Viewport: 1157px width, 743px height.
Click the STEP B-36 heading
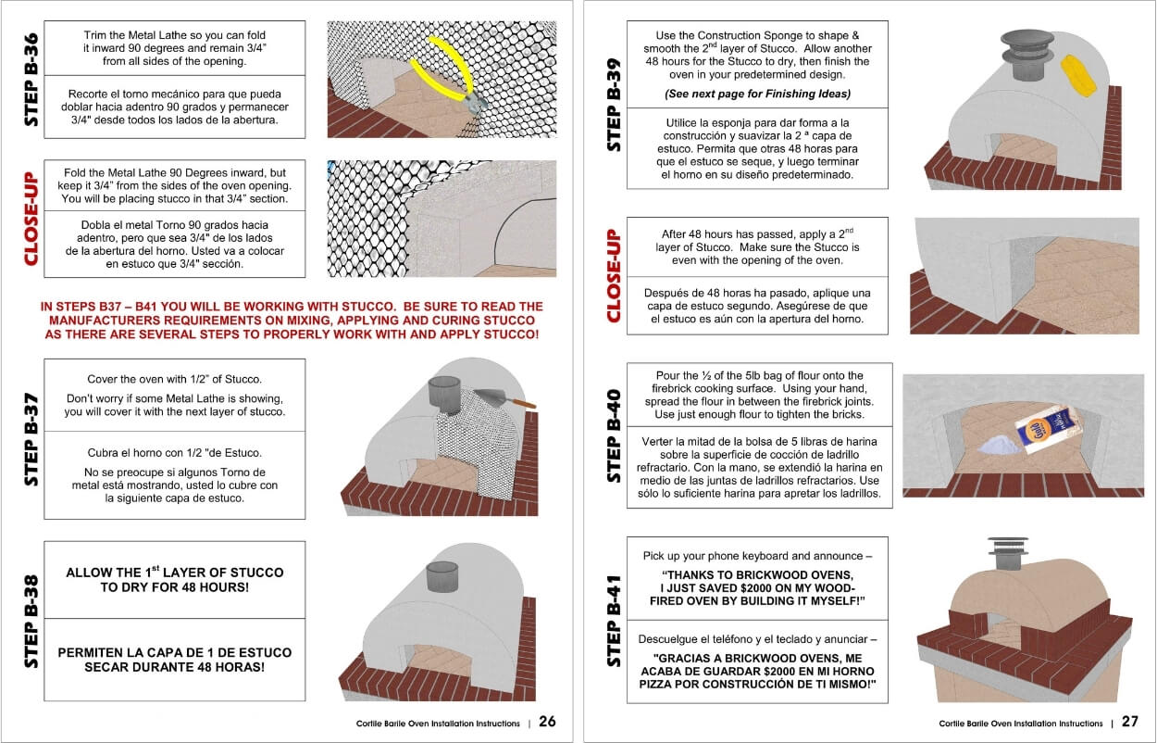31,80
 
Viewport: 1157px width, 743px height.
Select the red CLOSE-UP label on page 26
31,219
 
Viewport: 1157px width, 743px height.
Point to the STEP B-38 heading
31,621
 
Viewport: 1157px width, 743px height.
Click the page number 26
547,722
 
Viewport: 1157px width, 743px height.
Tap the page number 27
1129,722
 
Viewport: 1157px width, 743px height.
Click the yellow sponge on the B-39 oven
1078,75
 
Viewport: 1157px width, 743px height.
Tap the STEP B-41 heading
615,621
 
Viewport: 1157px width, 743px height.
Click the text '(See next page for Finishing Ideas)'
757,94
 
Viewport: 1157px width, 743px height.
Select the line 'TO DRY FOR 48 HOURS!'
175,587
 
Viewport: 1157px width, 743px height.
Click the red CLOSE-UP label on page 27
615,275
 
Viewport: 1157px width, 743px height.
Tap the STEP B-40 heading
615,435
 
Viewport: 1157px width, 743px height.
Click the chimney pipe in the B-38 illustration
442,576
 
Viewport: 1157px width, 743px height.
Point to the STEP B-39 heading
615,105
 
